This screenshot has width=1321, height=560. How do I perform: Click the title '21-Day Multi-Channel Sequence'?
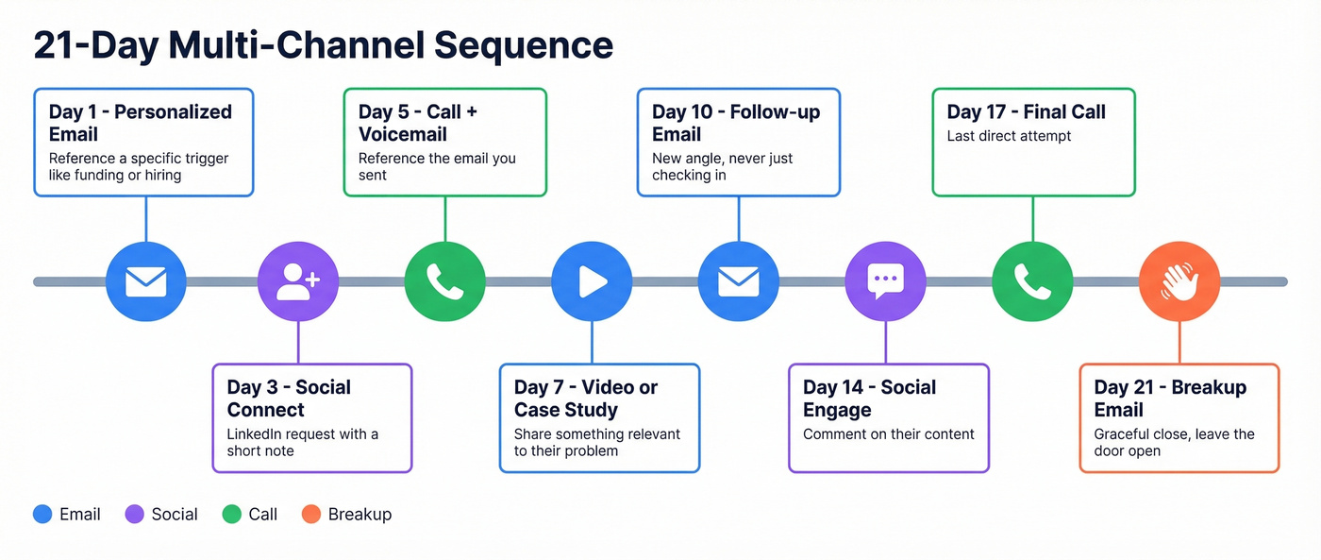click(x=323, y=45)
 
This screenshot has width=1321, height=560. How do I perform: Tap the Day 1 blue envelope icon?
click(x=145, y=281)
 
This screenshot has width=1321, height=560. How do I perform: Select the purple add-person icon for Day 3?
click(x=298, y=281)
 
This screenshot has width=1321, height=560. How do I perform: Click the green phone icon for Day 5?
click(x=444, y=281)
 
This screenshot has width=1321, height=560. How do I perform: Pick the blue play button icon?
click(x=592, y=281)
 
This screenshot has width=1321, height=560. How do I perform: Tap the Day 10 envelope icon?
click(x=738, y=281)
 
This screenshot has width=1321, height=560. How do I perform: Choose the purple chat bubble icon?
click(x=885, y=281)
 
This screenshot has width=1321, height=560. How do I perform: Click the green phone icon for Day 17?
click(x=1032, y=281)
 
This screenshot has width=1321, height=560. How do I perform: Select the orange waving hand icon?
click(x=1179, y=281)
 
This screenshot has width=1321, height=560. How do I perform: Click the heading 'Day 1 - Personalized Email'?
click(x=140, y=123)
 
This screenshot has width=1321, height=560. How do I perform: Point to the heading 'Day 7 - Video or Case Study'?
click(x=585, y=399)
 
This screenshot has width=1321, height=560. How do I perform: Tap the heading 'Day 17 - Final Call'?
click(x=1026, y=111)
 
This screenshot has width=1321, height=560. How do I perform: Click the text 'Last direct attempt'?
click(x=1009, y=136)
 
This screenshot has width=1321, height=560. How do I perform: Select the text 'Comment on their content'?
click(x=888, y=434)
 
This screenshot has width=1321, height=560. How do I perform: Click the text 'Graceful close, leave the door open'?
click(x=1174, y=442)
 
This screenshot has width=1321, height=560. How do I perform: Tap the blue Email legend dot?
click(x=42, y=515)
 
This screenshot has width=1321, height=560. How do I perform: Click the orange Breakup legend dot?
click(x=310, y=515)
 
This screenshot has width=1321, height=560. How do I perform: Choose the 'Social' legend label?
click(x=175, y=515)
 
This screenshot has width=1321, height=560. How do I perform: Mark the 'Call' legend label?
click(x=263, y=515)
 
